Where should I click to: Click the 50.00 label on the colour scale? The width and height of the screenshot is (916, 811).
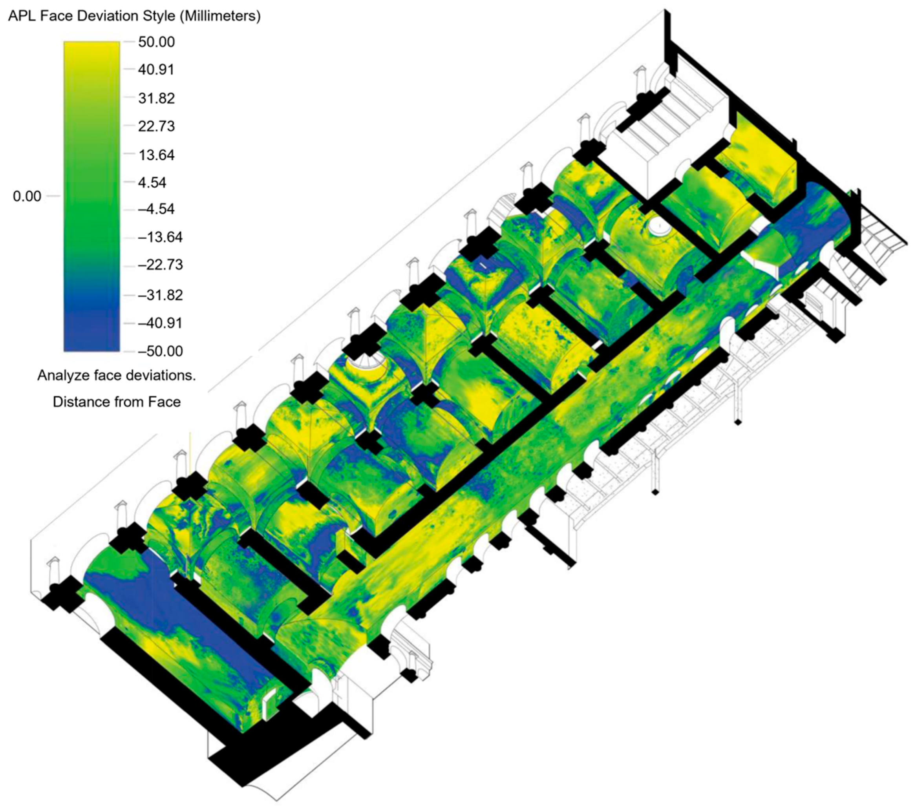[x=156, y=42]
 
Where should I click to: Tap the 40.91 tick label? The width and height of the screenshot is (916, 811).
[x=156, y=69]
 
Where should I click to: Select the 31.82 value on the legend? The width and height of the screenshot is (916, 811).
[x=156, y=98]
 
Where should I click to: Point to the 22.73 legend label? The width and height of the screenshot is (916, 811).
[x=156, y=126]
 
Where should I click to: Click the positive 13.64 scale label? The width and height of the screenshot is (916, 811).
[x=156, y=155]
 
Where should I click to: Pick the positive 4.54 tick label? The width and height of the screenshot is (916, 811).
[x=152, y=183]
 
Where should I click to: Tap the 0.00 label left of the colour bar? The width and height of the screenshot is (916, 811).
[x=27, y=196]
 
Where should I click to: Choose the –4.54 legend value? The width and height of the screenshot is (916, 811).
[x=156, y=209]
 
